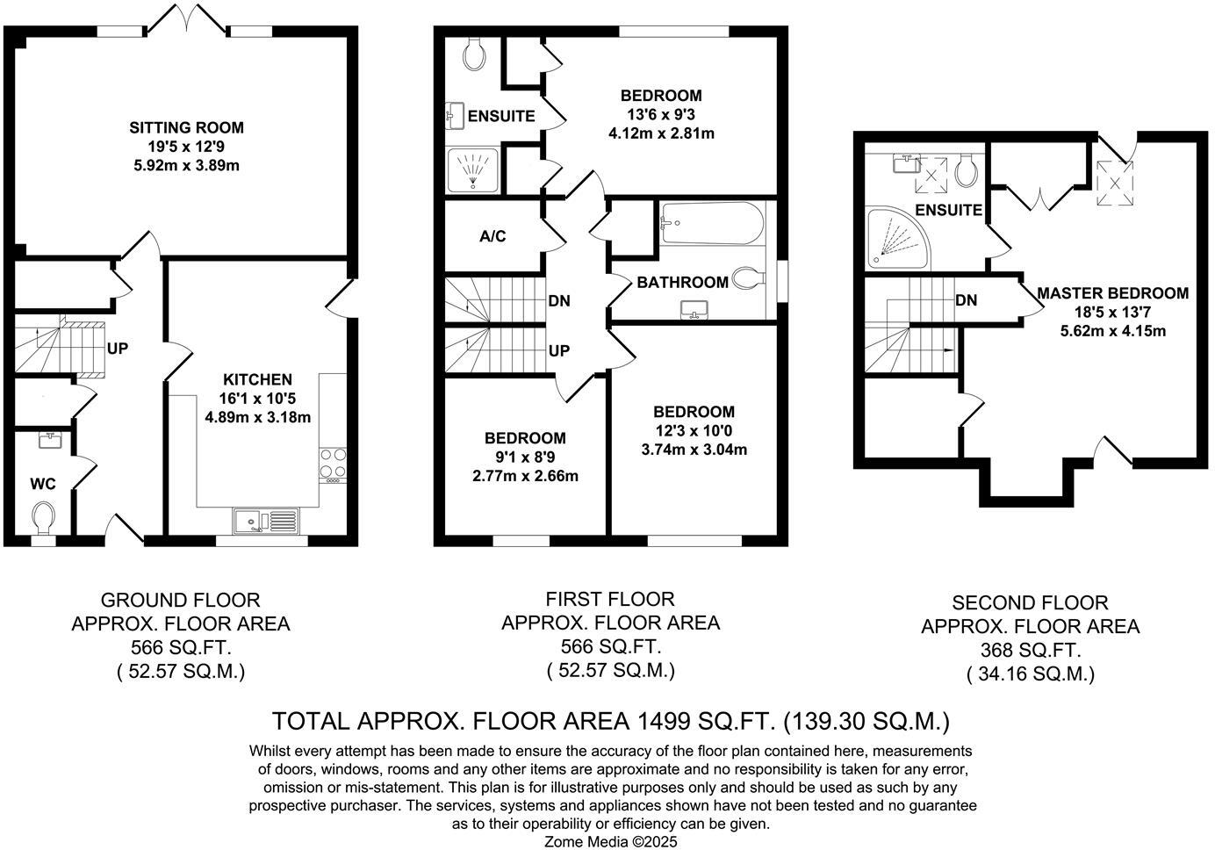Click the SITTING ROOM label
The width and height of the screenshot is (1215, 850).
[x=186, y=127]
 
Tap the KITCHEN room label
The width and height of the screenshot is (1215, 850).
[x=257, y=379]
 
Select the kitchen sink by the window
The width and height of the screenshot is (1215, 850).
[x=266, y=522]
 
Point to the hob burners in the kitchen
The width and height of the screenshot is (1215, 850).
[x=333, y=464]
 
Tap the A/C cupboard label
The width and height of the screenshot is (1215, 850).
[x=492, y=237]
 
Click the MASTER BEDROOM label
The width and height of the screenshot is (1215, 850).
[x=1112, y=293]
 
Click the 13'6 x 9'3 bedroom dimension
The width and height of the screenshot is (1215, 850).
[x=661, y=115]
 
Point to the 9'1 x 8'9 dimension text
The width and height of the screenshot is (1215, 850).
[x=526, y=457]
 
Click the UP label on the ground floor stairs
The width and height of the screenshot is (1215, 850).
[x=118, y=349]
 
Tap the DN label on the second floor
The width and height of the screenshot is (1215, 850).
[x=966, y=300]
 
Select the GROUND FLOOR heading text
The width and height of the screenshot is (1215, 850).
[x=180, y=601]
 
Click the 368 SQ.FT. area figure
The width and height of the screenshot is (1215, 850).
[x=1030, y=651]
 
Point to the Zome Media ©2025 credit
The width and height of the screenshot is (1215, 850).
[x=611, y=841]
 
